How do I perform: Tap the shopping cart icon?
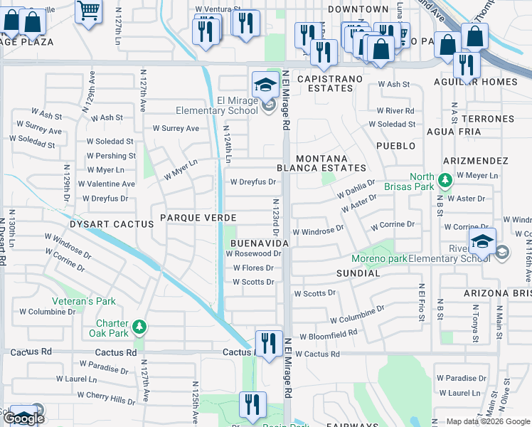pyautogui.click(x=88, y=12)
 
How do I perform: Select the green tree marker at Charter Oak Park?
pyautogui.click(x=141, y=327)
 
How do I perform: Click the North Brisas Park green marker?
pyautogui.click(x=445, y=181)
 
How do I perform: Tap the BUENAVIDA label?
pyautogui.click(x=259, y=243)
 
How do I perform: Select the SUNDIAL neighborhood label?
pyautogui.click(x=358, y=273)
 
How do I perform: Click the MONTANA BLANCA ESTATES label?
pyautogui.click(x=331, y=163)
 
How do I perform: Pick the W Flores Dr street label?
pyautogui.click(x=253, y=268)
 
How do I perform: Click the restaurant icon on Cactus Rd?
pyautogui.click(x=268, y=343)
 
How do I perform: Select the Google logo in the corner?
pyautogui.click(x=23, y=418)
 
